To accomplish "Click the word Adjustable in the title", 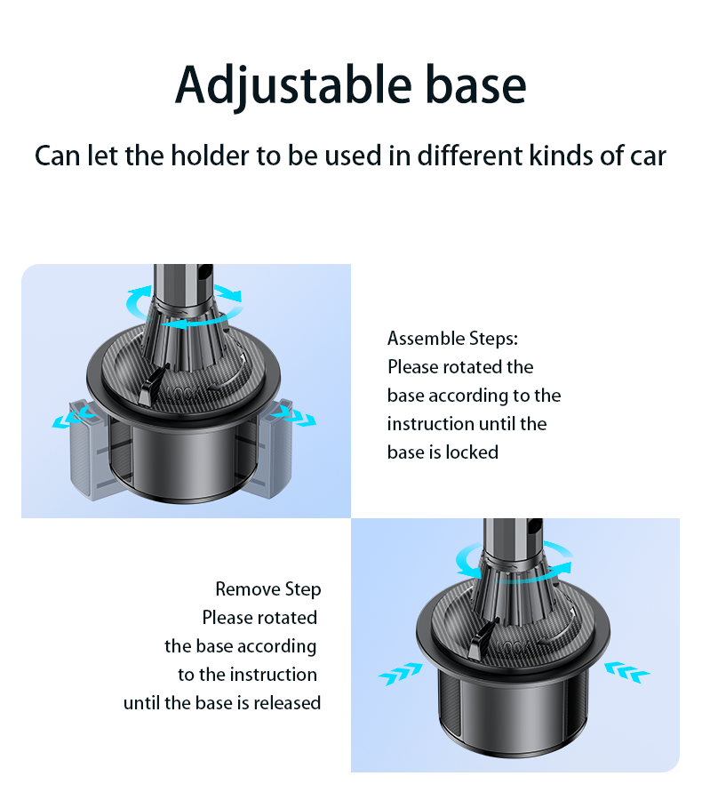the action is tap(293, 86).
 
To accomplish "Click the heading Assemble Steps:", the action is tap(452, 339).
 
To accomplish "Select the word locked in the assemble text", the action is tap(472, 452).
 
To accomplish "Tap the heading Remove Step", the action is tap(267, 589).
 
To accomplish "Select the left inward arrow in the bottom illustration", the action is tap(401, 674).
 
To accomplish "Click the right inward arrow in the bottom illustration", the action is tap(627, 671).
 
